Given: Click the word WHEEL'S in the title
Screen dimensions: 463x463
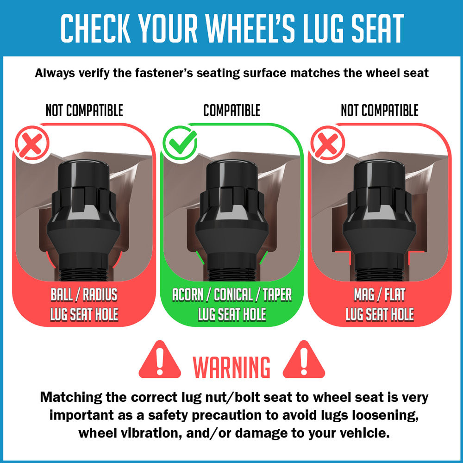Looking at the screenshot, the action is tap(250, 28).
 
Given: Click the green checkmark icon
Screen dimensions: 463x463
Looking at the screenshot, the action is tap(180, 143).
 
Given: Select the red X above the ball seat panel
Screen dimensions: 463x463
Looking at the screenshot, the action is tap(32, 143).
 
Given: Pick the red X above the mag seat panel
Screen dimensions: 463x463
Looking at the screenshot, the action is tap(327, 143).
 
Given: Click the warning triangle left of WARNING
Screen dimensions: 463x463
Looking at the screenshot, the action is tap(160, 360).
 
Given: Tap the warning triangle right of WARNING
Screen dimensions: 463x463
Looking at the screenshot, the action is tap(304, 360).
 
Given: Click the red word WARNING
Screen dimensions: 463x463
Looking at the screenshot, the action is tap(231, 367).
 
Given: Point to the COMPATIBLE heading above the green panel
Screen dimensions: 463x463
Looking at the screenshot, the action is tap(232, 111).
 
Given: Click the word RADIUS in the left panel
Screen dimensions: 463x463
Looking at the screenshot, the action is tap(100, 294).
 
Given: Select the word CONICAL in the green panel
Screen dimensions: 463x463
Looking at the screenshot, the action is tap(233, 294).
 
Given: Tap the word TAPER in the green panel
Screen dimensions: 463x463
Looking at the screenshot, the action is tap(277, 294).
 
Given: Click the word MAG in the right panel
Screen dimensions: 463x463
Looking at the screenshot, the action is tap(364, 294).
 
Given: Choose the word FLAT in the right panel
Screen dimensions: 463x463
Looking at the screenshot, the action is tap(395, 294).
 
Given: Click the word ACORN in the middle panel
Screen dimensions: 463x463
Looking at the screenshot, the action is tap(188, 294).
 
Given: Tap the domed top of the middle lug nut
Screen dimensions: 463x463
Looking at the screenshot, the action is tap(231, 174).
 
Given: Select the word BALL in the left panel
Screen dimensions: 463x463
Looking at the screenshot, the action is tap(62, 294).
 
